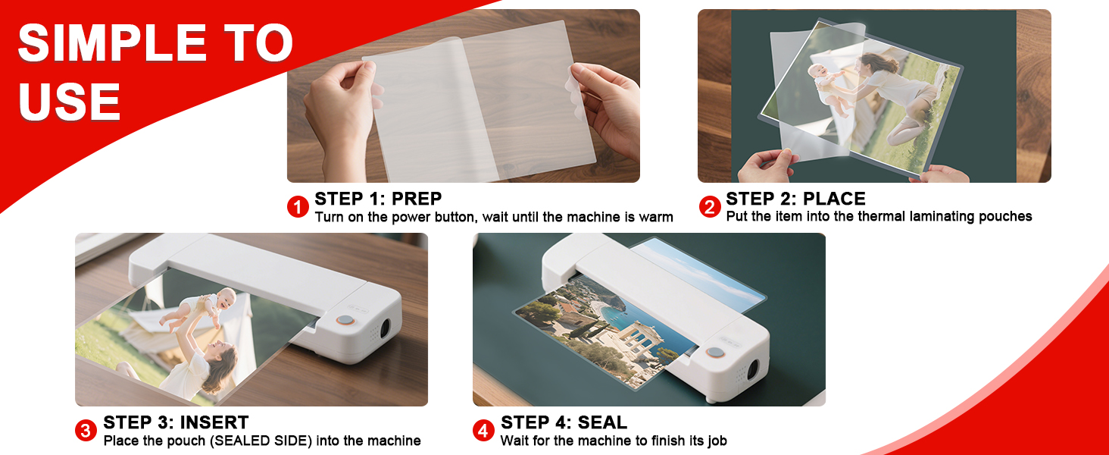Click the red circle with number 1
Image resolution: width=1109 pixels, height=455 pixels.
298,207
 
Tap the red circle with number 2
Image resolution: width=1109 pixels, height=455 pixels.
709,207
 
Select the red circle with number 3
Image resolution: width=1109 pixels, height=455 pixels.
86,431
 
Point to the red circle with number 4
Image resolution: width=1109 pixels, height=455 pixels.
483,431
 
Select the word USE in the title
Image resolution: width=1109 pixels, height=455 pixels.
70,102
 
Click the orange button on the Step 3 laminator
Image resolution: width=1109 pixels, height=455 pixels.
345,321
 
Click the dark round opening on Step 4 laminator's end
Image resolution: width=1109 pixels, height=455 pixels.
754,371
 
